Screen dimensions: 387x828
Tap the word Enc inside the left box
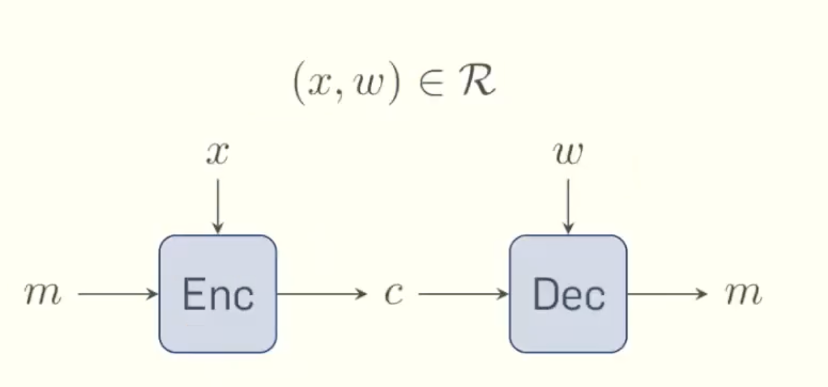pyautogui.click(x=218, y=295)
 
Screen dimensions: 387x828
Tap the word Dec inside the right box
pyautogui.click(x=569, y=295)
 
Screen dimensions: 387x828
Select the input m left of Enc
pyautogui.click(x=43, y=295)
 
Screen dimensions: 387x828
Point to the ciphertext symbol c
pyautogui.click(x=393, y=295)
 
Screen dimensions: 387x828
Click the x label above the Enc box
pyautogui.click(x=217, y=154)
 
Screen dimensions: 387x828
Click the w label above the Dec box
pyautogui.click(x=568, y=154)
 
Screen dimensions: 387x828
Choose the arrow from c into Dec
pyautogui.click(x=463, y=294)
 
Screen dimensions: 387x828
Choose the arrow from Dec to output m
pyautogui.click(x=666, y=294)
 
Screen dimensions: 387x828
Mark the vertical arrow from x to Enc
pyautogui.click(x=218, y=207)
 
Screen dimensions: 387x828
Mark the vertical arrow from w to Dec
pyautogui.click(x=568, y=207)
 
